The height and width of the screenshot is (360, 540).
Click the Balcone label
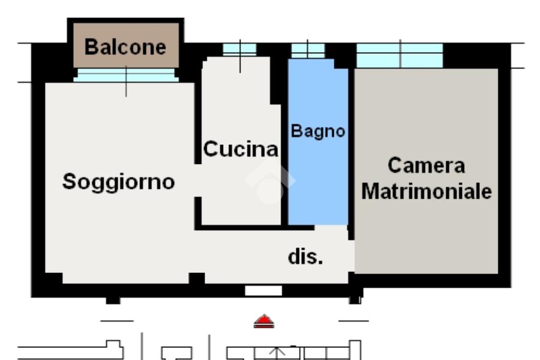(126, 47)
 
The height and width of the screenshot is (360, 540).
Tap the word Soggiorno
(119, 182)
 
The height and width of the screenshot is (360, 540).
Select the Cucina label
(240, 149)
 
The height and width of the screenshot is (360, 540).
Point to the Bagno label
(318, 131)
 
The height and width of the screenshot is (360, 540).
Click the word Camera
(426, 165)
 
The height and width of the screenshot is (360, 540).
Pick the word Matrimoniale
(426, 191)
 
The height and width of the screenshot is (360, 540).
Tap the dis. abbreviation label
(305, 257)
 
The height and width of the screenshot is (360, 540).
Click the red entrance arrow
(264, 321)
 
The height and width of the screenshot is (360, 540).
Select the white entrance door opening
(264, 291)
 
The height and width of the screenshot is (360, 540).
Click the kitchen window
(240, 50)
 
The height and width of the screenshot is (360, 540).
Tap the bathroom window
(308, 51)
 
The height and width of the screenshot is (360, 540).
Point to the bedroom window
(400, 55)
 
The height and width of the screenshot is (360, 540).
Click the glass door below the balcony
(126, 75)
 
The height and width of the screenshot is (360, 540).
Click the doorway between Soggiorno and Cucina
(198, 180)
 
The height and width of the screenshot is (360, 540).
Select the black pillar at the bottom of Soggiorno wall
(197, 278)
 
